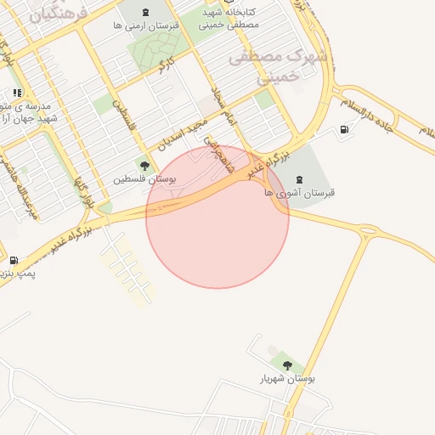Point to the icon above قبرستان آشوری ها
click(x=299, y=178)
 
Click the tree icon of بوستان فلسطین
click(x=145, y=166)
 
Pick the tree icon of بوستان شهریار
click(x=287, y=365)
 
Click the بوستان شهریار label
click(x=287, y=379)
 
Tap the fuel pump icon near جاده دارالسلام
click(x=344, y=130)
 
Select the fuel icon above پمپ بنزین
click(x=14, y=260)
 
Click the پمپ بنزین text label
click(x=19, y=274)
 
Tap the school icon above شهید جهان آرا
click(x=16, y=93)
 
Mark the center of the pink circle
click(x=217, y=217)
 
